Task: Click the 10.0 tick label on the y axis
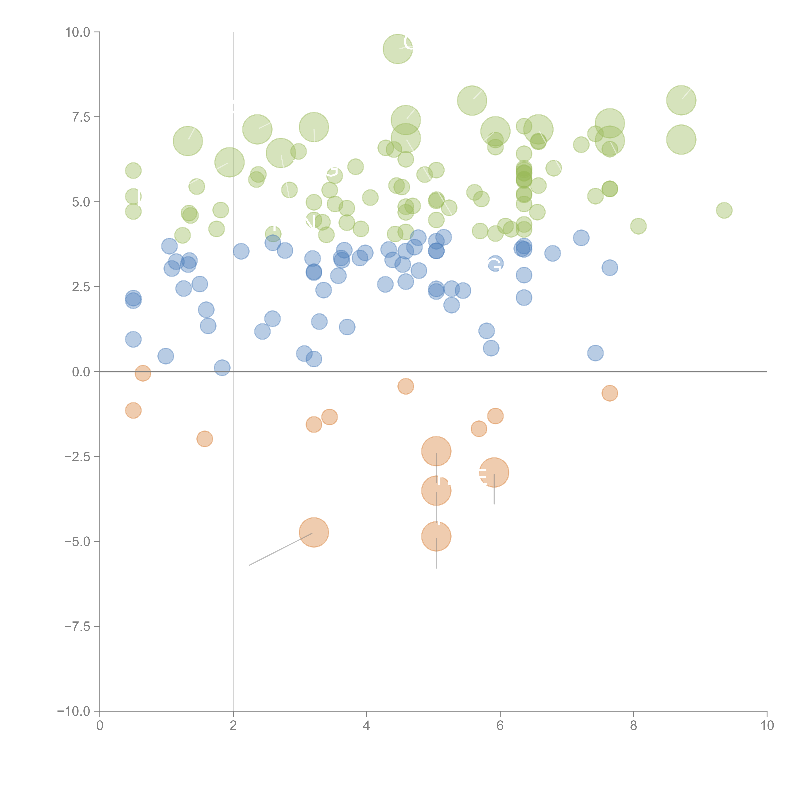[78, 32]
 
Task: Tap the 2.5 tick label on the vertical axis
[81, 287]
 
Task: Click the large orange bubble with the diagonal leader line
[314, 532]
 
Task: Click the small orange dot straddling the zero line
[143, 373]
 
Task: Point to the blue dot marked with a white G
[495, 264]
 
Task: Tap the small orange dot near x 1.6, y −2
[205, 439]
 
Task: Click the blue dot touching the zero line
[222, 367]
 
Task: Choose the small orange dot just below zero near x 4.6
[406, 386]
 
